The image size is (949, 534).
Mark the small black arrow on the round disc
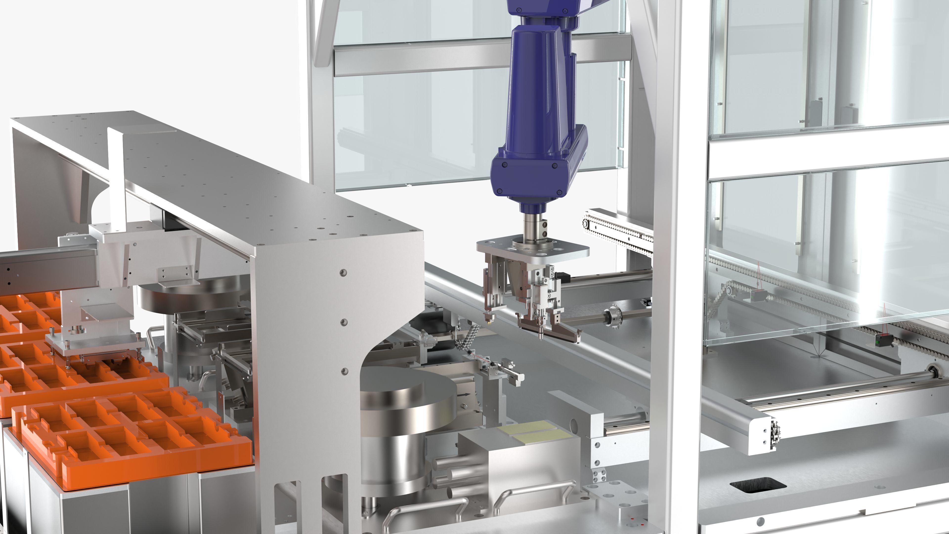tap(465, 394)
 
